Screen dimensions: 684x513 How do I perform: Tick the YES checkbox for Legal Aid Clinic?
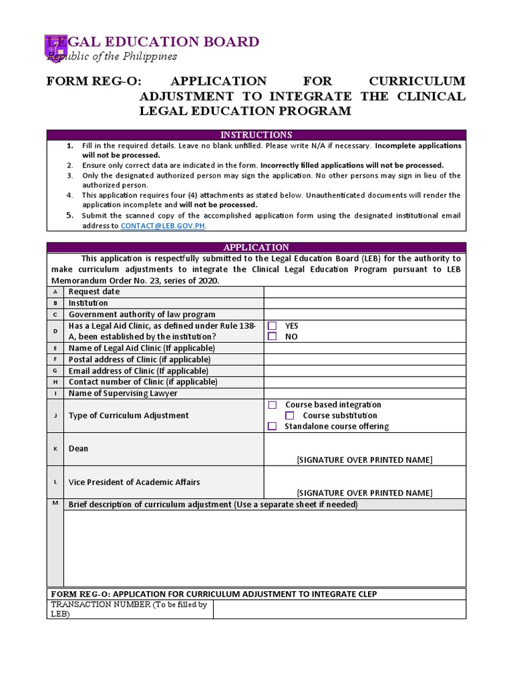pos(273,326)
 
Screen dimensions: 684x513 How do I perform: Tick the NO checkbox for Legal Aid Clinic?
pos(273,337)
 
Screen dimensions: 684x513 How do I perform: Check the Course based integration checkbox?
pos(273,405)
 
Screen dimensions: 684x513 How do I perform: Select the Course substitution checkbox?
pos(290,415)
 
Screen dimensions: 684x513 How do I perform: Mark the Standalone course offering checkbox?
pos(273,426)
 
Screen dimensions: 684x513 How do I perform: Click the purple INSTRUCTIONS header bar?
pos(256,135)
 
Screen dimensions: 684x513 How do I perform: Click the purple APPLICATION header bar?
pos(256,247)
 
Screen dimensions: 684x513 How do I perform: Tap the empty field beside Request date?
pos(365,292)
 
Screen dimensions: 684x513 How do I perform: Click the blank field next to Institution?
pos(365,303)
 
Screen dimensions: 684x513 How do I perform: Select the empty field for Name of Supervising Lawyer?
pos(365,393)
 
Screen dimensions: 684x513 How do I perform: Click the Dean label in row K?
pos(78,449)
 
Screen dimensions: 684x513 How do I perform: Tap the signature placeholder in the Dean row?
pos(364,460)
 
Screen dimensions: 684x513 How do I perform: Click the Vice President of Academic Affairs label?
pos(134,482)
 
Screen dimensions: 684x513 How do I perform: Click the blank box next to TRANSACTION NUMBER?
pos(339,609)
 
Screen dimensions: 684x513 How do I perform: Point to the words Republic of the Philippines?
pos(112,56)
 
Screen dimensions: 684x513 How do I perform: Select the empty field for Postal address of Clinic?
pos(365,359)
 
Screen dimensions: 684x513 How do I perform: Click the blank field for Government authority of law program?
pos(365,315)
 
